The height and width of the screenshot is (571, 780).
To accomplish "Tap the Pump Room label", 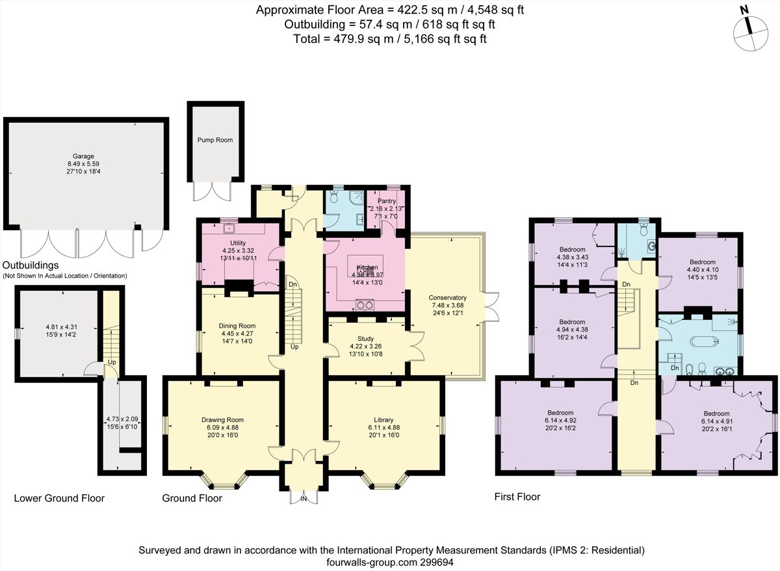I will [x=215, y=140].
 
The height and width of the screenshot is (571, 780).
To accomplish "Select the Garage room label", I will [x=83, y=156].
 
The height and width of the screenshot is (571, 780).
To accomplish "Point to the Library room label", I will [x=384, y=419].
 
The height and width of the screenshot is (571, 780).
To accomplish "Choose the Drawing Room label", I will [x=222, y=419].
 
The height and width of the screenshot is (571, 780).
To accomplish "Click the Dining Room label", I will [x=237, y=326].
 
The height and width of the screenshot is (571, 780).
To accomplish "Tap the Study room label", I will [x=365, y=338].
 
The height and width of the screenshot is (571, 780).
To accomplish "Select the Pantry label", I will [x=387, y=201].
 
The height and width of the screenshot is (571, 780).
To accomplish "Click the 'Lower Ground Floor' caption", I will [x=59, y=499].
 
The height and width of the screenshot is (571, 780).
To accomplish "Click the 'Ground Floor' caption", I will [x=192, y=499].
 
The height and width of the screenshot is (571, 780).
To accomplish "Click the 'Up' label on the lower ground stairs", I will [x=112, y=362].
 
